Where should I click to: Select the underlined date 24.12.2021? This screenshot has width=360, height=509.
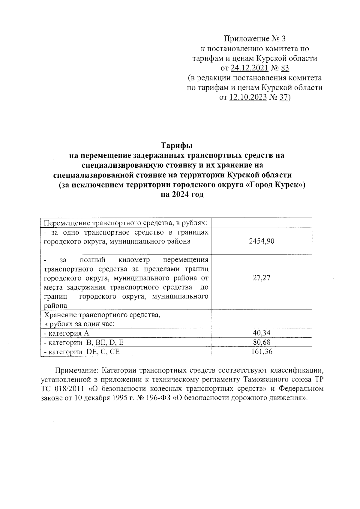(249, 68)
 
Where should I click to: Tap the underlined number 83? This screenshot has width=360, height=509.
(285, 68)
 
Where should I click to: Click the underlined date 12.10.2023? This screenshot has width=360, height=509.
(248, 97)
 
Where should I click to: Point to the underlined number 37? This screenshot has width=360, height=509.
(283, 97)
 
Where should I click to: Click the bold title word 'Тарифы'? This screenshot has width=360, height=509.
(177, 145)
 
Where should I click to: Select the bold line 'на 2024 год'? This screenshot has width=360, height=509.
(182, 194)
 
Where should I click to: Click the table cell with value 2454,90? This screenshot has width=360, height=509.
(262, 241)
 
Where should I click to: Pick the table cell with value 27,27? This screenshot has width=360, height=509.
(262, 278)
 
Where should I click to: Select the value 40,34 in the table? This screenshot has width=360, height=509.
(262, 333)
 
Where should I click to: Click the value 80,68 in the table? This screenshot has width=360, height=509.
(262, 342)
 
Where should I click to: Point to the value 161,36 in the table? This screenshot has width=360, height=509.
(262, 352)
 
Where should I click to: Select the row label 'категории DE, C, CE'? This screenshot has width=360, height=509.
(82, 352)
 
